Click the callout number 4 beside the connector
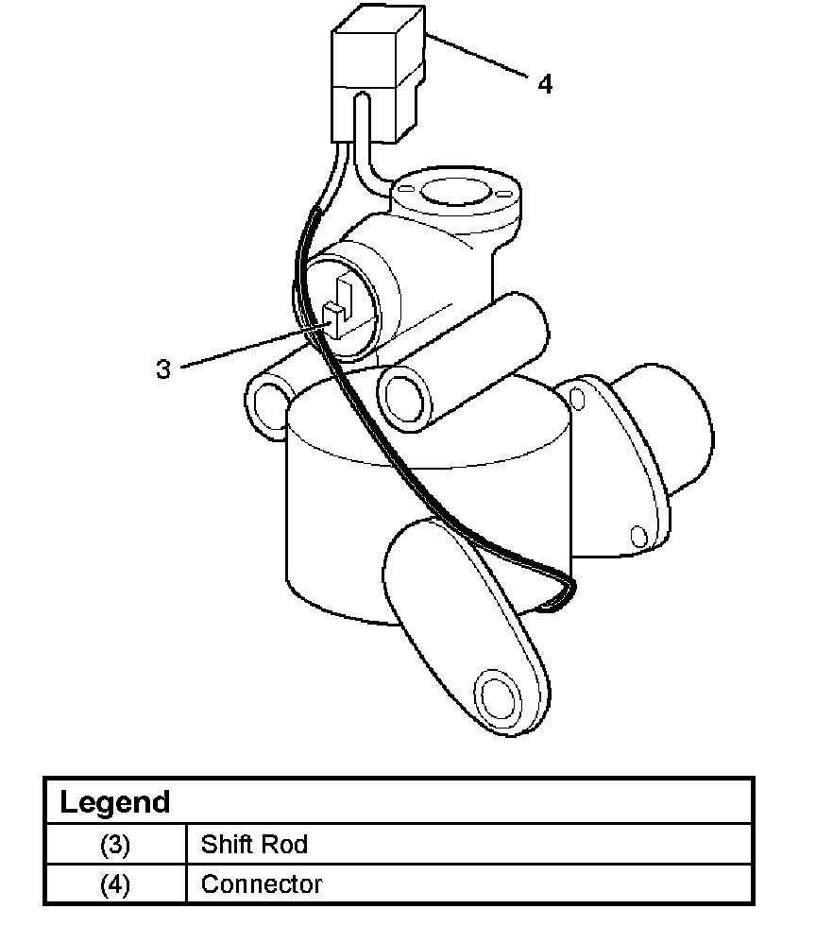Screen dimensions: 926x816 [545, 84]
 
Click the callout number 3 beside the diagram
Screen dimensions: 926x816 [163, 369]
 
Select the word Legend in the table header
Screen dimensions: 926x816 [114, 802]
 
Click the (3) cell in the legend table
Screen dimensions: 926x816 [114, 844]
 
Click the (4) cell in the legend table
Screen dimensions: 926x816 [114, 885]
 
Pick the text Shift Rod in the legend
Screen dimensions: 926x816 [254, 844]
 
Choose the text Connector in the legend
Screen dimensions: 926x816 [262, 885]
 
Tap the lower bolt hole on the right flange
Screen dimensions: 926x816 [638, 538]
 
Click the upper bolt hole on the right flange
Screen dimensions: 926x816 [579, 399]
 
